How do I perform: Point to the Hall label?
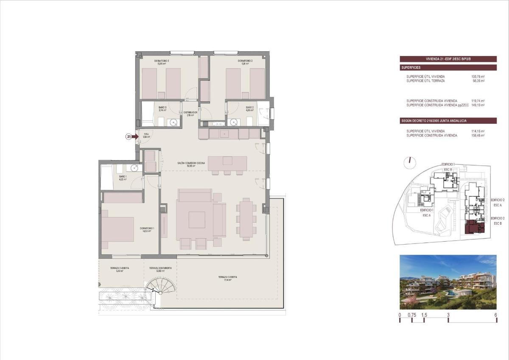146,134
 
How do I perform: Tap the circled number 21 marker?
129,137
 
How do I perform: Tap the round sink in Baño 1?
134,168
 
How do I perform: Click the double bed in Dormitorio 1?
117,232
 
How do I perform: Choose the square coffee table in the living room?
196,220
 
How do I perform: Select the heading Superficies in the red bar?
411,67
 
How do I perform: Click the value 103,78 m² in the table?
478,77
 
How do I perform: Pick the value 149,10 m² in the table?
478,105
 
